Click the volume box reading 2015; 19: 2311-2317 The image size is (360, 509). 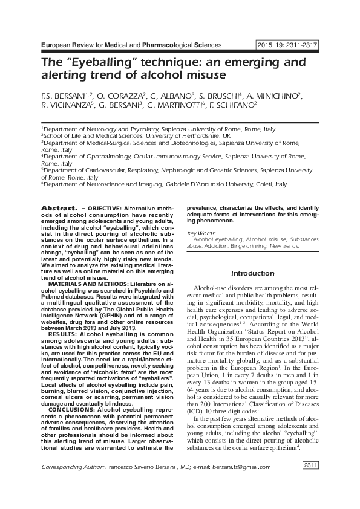click(x=287, y=45)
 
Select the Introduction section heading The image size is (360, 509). click(x=253, y=273)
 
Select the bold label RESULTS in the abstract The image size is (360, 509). click(x=62, y=333)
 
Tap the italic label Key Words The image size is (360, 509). click(x=201, y=233)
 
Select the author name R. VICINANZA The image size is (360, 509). click(x=66, y=105)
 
